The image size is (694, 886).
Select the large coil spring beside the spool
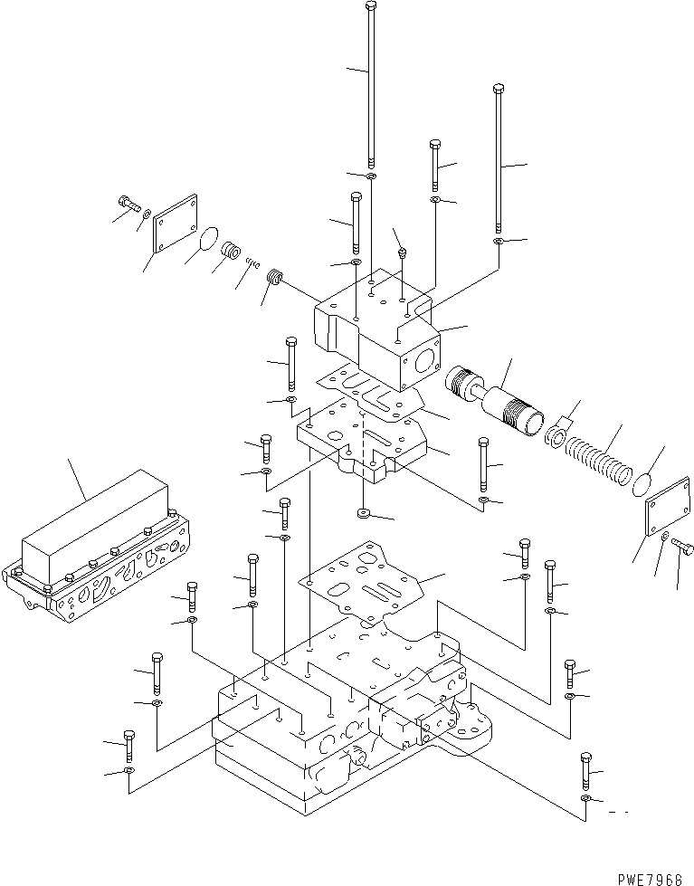599,462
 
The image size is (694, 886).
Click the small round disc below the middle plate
364,514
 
